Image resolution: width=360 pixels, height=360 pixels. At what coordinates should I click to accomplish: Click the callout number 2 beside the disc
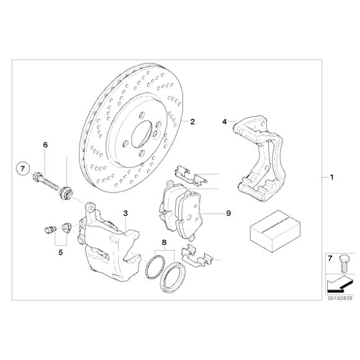(192, 122)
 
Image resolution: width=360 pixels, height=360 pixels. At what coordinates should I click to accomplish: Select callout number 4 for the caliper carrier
(225, 122)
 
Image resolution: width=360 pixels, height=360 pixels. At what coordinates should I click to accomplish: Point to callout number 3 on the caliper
(125, 213)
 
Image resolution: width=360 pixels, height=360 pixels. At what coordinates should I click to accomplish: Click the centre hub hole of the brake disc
(142, 133)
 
